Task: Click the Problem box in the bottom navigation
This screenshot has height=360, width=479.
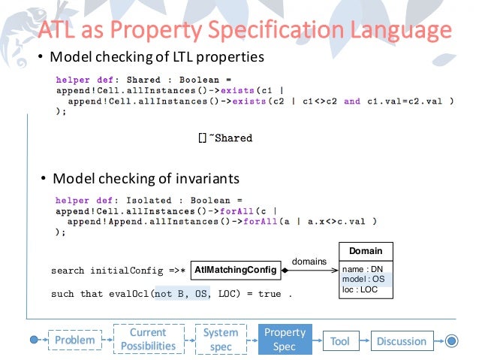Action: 74,340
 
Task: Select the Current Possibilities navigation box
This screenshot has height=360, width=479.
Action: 147,339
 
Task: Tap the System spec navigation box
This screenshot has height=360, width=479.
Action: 221,339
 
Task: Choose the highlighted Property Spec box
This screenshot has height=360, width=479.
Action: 285,339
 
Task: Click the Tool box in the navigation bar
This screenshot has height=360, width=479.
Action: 339,341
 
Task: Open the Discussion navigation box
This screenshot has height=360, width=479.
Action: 401,341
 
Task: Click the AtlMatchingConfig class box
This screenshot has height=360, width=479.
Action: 236,268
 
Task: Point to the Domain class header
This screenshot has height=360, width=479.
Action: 366,251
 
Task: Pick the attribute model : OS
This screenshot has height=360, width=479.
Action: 363,278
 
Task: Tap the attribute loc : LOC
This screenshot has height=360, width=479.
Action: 360,289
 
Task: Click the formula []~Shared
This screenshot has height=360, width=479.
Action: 225,138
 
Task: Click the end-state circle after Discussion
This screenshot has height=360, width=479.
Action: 450,340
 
